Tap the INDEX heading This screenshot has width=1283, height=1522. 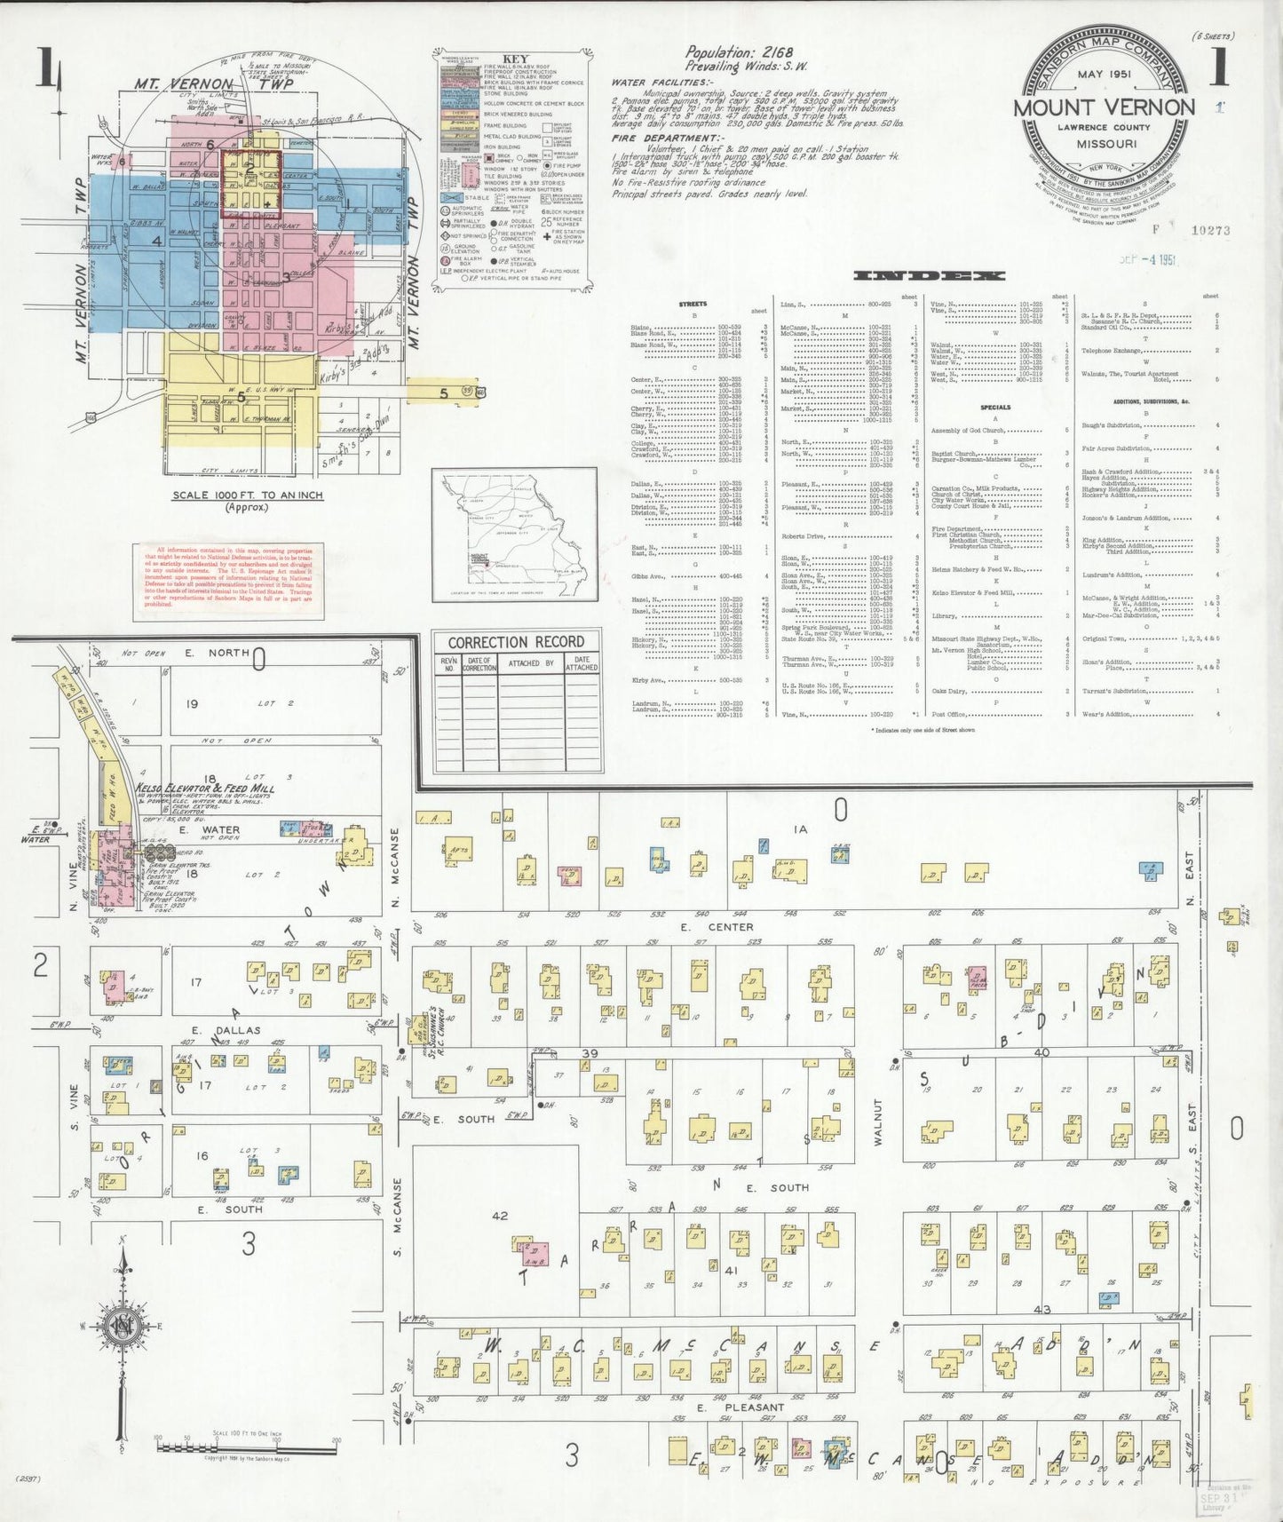[x=928, y=276]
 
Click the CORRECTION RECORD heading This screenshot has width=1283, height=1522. [x=516, y=642]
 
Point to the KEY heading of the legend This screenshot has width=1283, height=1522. [x=515, y=59]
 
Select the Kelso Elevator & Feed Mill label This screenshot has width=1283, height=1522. [x=204, y=788]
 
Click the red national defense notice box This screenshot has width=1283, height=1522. [x=229, y=583]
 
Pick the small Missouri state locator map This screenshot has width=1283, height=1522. [x=515, y=535]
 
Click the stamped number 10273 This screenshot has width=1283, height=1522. [x=1210, y=230]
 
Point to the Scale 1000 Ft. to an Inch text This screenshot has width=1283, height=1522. [x=248, y=495]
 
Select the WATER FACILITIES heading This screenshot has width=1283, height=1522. [x=650, y=83]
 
